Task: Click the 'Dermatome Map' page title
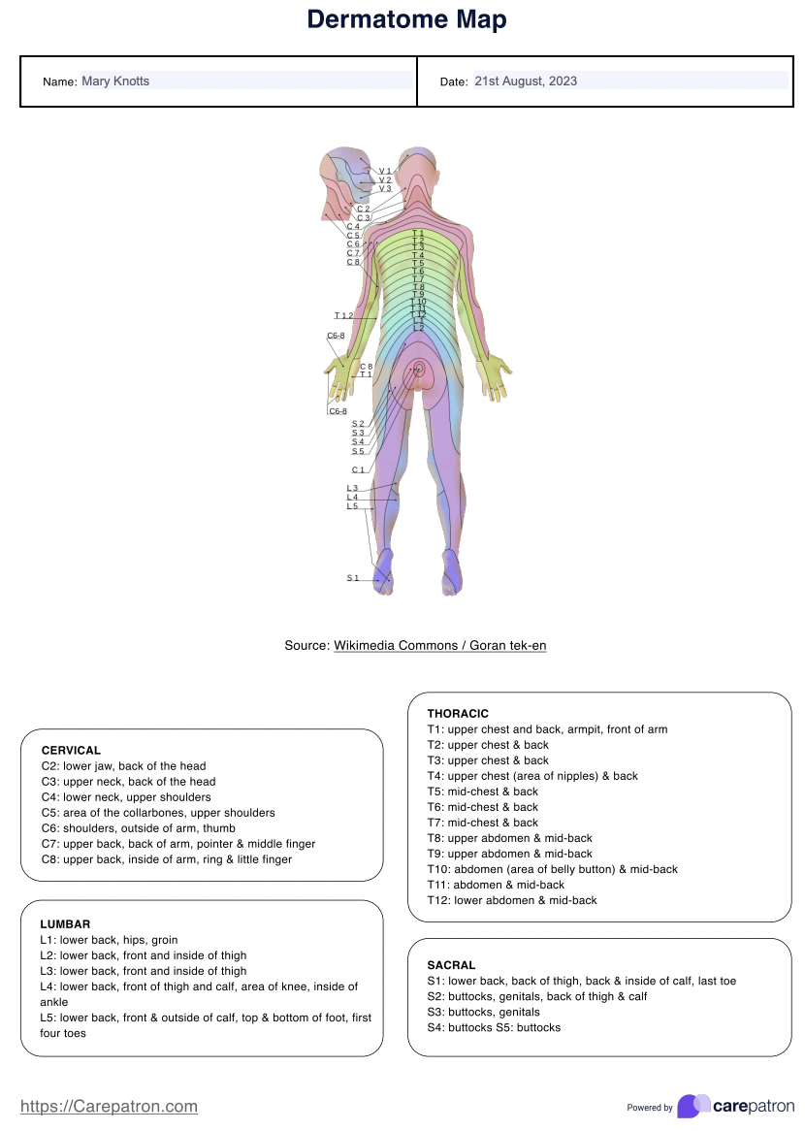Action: (x=406, y=19)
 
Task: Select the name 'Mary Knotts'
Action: (x=115, y=81)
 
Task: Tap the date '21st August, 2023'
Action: (x=526, y=81)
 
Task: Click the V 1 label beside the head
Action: (x=385, y=171)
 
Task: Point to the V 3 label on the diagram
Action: (x=385, y=188)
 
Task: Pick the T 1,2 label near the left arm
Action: (x=343, y=315)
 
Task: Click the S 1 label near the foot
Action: (x=353, y=578)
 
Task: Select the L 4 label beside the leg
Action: (x=352, y=498)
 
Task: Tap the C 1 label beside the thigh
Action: (x=358, y=470)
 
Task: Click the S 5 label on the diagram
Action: (x=358, y=451)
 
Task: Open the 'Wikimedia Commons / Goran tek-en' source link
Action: (x=440, y=645)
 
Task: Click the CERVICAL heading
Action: (x=71, y=750)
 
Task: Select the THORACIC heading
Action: (x=458, y=714)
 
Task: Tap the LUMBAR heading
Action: (x=65, y=924)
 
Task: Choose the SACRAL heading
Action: (x=451, y=965)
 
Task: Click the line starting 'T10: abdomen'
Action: (x=552, y=869)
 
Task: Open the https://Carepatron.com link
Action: (x=109, y=1106)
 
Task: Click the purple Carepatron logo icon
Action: (x=693, y=1106)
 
